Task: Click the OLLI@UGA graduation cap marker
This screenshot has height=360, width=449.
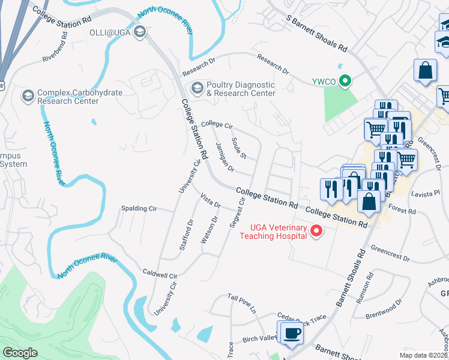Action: pos(140,32)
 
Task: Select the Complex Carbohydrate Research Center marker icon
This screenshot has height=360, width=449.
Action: pos(28,96)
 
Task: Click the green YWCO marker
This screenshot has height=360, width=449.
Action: pos(345,81)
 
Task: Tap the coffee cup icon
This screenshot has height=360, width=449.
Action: pos(292,333)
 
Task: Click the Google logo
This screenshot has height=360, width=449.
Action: pos(20,353)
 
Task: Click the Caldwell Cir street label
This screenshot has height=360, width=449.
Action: pos(161,274)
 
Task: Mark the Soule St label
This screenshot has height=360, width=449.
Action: pos(239,148)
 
